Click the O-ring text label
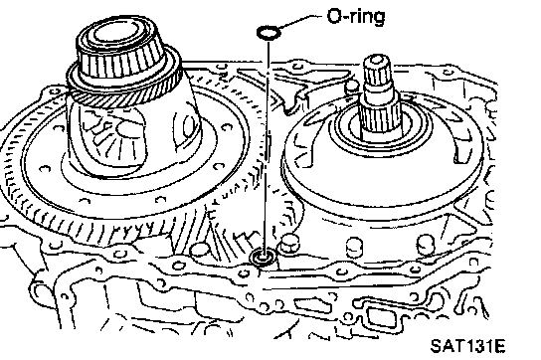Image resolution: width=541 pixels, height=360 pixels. tap(356, 16)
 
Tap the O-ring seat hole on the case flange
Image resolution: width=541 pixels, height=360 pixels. tap(264, 258)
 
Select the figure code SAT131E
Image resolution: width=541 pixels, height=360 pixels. tap(467, 345)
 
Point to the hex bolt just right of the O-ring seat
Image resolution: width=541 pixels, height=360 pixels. tap(288, 244)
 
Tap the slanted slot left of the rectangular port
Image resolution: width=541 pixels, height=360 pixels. tap(312, 305)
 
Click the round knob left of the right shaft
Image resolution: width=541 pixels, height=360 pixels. tap(352, 86)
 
